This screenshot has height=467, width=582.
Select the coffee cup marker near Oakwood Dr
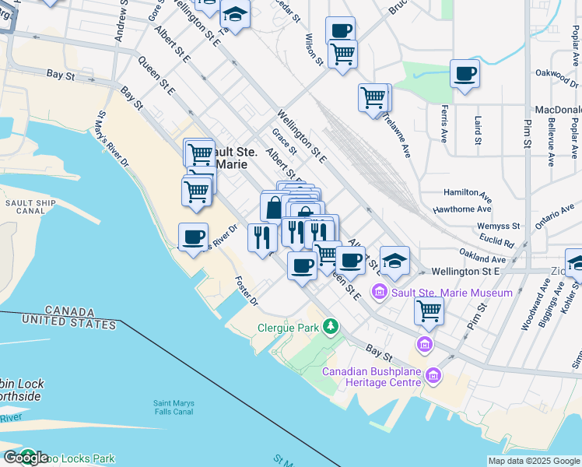click(465, 74)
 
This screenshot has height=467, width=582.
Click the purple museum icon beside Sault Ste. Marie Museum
click(380, 293)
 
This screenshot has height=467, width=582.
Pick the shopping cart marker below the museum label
click(429, 311)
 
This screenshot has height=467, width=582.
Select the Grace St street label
click(282, 142)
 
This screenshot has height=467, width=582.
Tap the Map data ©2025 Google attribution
click(533, 461)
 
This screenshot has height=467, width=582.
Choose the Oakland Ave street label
click(482, 257)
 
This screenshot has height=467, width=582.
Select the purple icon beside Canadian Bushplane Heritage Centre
click(433, 377)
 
